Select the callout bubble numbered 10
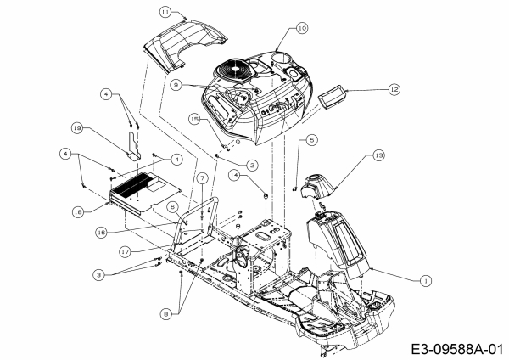coord(303,28)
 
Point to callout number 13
coord(378,155)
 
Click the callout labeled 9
coord(176,84)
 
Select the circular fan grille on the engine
coord(233,70)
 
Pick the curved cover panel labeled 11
coord(184,43)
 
